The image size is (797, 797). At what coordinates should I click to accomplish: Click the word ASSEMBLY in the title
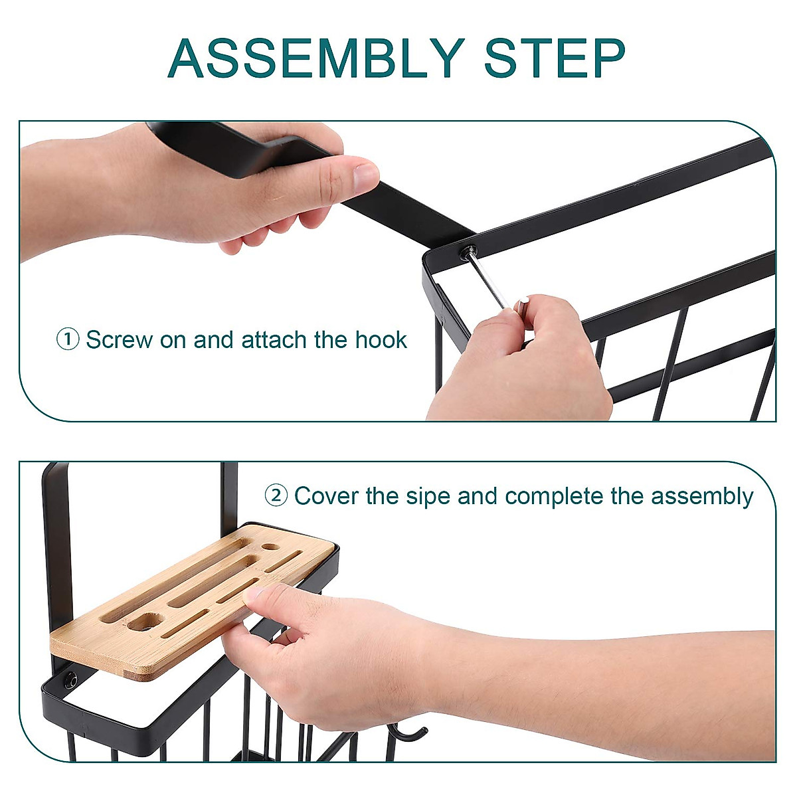[316, 58]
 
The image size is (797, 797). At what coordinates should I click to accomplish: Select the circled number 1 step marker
[68, 340]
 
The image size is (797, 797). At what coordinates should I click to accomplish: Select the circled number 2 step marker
[276, 495]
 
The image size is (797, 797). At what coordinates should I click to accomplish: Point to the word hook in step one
[381, 340]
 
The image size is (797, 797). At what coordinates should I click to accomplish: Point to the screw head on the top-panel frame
[470, 251]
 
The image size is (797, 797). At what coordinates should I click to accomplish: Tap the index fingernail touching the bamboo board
[252, 594]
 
